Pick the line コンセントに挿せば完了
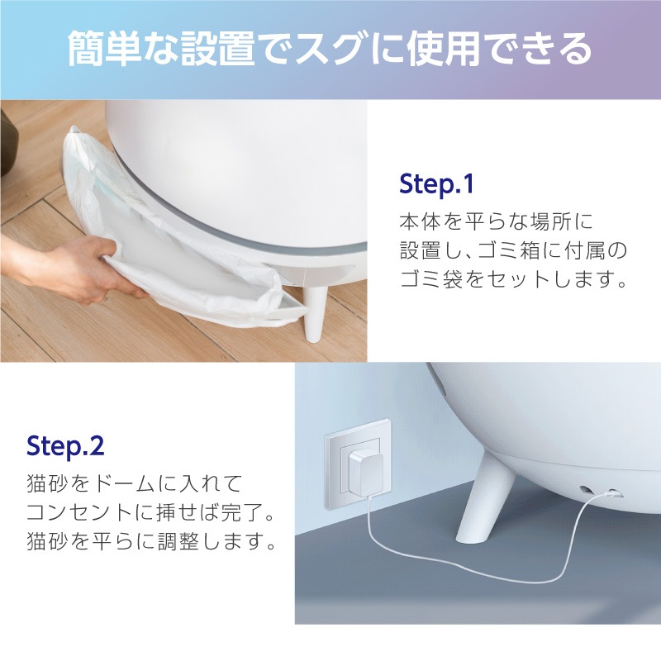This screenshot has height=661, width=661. (x=150, y=513)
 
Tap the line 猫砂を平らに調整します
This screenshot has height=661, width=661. (x=150, y=543)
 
